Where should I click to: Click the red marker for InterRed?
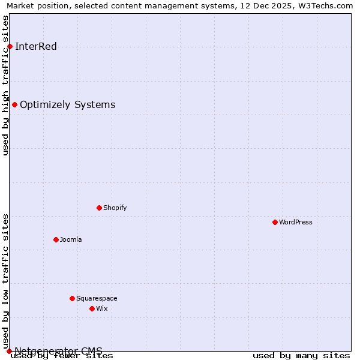[x=10, y=47]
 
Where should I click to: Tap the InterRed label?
[x=35, y=47]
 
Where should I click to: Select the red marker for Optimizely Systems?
[x=14, y=105]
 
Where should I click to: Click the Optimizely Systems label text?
[x=67, y=105]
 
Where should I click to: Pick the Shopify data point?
[x=99, y=208]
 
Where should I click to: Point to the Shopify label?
[x=115, y=208]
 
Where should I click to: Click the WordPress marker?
[x=275, y=223]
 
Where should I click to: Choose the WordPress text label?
[x=295, y=223]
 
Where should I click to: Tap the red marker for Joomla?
[x=56, y=240]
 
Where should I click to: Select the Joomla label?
[x=71, y=240]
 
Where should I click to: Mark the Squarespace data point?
[x=72, y=299]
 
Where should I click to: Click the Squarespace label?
[x=97, y=299]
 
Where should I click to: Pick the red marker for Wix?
[x=92, y=309]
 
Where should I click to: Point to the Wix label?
[x=102, y=309]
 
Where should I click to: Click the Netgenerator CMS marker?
[x=9, y=351]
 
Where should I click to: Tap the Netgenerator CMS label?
[x=58, y=351]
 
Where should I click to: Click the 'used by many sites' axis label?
[x=301, y=356]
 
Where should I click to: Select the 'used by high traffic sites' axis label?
[x=6, y=85]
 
